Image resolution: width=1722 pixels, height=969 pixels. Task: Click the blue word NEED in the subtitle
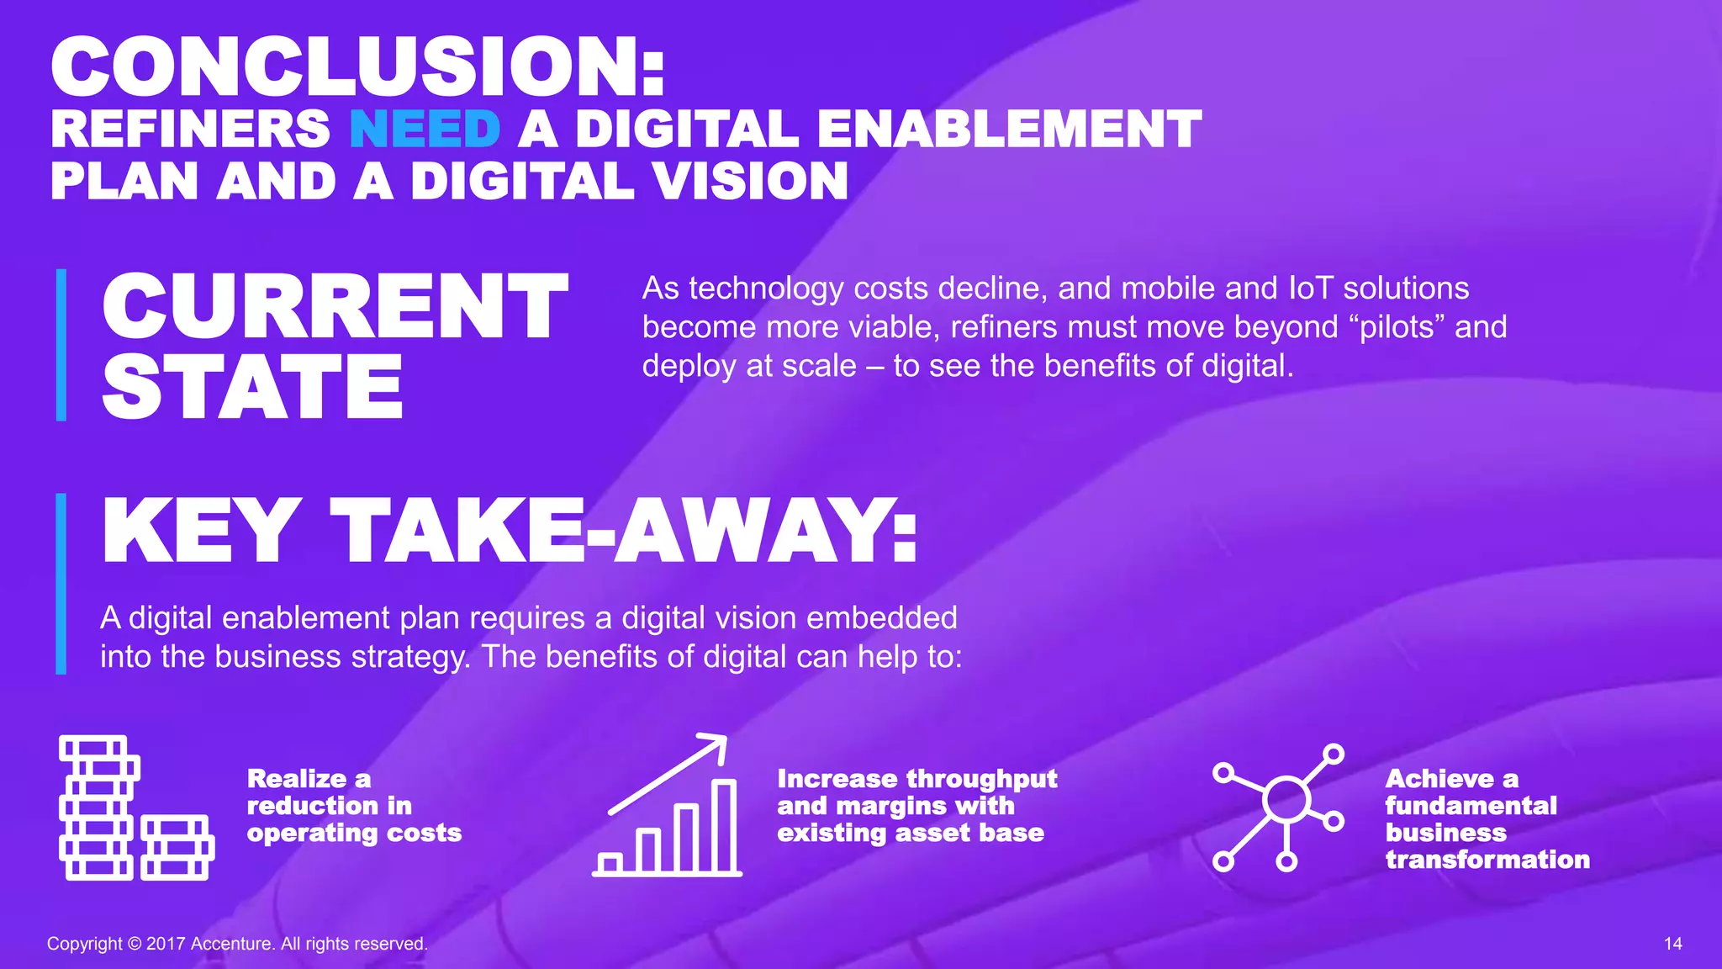(425, 130)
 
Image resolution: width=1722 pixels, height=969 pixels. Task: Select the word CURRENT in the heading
(335, 307)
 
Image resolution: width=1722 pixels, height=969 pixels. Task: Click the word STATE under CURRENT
(252, 387)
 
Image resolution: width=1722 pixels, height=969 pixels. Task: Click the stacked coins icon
(135, 807)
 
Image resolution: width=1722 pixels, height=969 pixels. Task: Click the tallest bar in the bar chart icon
(724, 825)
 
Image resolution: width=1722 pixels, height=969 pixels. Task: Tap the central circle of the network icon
(1286, 800)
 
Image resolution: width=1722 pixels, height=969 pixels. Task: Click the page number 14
(1672, 944)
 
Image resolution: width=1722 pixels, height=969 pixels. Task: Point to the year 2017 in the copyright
(166, 944)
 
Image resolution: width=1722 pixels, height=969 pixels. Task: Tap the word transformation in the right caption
(1487, 860)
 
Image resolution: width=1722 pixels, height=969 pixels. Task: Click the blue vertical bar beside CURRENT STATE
(61, 345)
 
